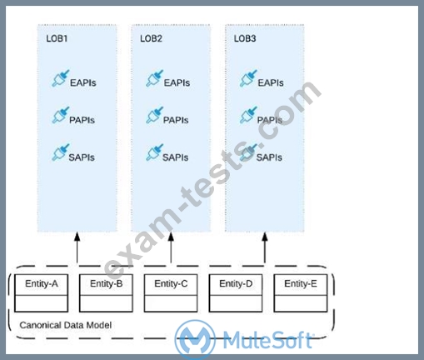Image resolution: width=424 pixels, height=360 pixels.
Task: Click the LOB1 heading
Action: (57, 38)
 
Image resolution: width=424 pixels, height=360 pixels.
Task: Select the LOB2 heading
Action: (151, 38)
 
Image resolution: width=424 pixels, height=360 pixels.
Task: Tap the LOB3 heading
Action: (245, 38)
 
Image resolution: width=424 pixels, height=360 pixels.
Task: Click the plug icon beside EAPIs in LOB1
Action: (60, 78)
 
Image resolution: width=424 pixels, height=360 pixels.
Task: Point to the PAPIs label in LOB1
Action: (82, 120)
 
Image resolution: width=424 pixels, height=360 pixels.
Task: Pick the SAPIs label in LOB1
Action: (82, 157)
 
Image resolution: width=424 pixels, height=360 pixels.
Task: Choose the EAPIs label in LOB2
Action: (177, 82)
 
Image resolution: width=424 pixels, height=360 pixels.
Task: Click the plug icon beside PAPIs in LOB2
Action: (154, 115)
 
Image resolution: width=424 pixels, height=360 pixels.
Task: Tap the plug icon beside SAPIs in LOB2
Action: (154, 152)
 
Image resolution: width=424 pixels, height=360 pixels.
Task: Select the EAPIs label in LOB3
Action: (271, 82)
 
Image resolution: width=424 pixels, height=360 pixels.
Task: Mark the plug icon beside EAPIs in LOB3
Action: (248, 78)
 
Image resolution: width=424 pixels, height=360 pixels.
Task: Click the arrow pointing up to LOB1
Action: (77, 247)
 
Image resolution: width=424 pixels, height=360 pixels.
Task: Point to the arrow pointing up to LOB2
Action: (171, 247)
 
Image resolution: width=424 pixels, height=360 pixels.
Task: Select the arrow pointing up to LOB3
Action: (265, 247)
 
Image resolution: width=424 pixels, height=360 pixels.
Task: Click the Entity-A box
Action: (41, 293)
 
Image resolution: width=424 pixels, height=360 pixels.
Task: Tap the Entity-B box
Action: (106, 293)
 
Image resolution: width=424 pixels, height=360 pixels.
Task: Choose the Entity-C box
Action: (171, 293)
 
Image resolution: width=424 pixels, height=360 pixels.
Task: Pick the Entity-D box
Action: (236, 293)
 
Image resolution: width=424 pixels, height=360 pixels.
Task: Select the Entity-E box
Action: (301, 293)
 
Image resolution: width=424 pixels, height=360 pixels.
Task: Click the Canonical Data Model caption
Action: (66, 325)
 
